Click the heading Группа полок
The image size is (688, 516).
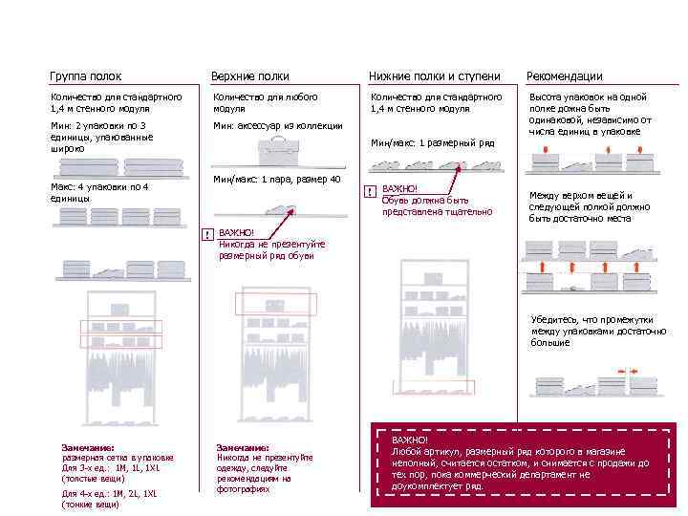tap(85, 75)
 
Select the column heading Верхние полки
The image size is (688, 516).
tap(249, 75)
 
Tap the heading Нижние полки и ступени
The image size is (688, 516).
tap(434, 75)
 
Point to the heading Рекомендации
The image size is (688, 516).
tap(564, 75)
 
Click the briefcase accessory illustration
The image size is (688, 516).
tap(280, 149)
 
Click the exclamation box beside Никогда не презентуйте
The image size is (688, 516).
tap(206, 234)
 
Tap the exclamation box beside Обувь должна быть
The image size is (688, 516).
tap(369, 190)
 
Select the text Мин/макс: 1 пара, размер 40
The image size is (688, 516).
tap(277, 180)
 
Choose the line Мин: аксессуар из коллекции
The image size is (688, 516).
tap(277, 125)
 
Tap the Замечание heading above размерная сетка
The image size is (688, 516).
tap(87, 447)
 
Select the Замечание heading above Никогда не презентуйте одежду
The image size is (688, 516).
tap(243, 447)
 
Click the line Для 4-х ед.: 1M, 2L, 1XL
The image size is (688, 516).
tap(108, 493)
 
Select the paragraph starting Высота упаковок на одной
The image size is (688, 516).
tap(590, 115)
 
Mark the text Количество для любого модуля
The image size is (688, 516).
tap(265, 102)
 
